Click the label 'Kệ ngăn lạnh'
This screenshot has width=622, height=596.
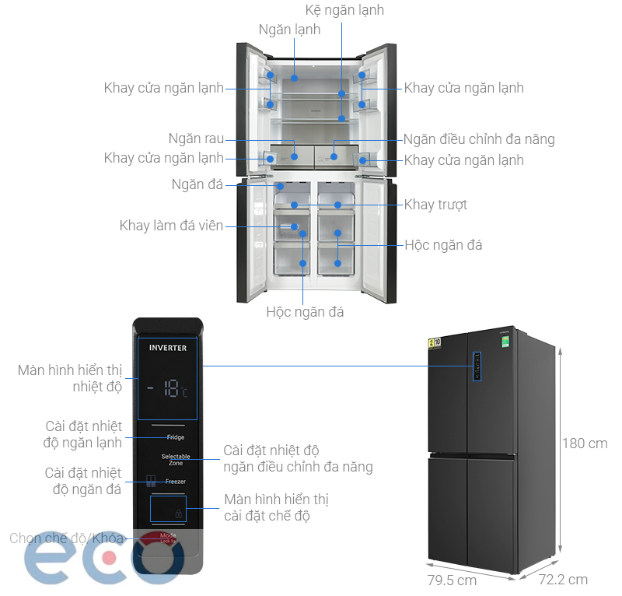[344, 10]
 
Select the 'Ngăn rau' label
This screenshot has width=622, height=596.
[196, 139]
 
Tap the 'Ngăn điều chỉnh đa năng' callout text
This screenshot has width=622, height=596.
[479, 140]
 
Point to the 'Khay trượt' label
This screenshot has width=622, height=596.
[435, 205]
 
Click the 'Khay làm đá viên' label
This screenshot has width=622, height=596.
[171, 226]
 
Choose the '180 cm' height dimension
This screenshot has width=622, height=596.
[585, 444]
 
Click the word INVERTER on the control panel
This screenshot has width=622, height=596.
[168, 348]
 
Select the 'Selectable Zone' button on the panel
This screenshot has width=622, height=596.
[176, 459]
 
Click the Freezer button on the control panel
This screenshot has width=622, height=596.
[175, 482]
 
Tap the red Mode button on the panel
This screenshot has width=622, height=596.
[166, 537]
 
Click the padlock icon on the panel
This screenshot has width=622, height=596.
[180, 514]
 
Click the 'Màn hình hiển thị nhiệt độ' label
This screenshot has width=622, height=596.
[70, 378]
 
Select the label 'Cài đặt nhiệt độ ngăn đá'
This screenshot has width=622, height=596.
[83, 481]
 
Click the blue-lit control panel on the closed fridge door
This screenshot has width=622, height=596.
[477, 366]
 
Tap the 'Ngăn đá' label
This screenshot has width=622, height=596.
[197, 184]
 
